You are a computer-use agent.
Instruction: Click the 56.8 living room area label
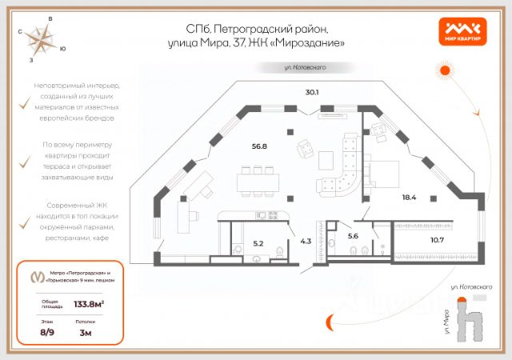pyautogui.click(x=258, y=146)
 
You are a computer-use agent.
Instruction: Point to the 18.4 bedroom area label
pyautogui.click(x=408, y=197)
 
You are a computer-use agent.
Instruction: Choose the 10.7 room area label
pyautogui.click(x=436, y=239)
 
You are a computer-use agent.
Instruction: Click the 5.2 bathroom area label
pyautogui.click(x=258, y=242)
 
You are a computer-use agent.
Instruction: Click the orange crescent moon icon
pyautogui.click(x=329, y=322)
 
